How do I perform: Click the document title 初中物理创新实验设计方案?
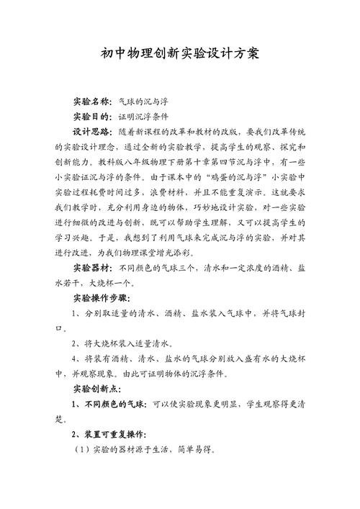tap(180, 55)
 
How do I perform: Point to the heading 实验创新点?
tap(99, 389)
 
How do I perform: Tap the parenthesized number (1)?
tap(80, 455)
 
